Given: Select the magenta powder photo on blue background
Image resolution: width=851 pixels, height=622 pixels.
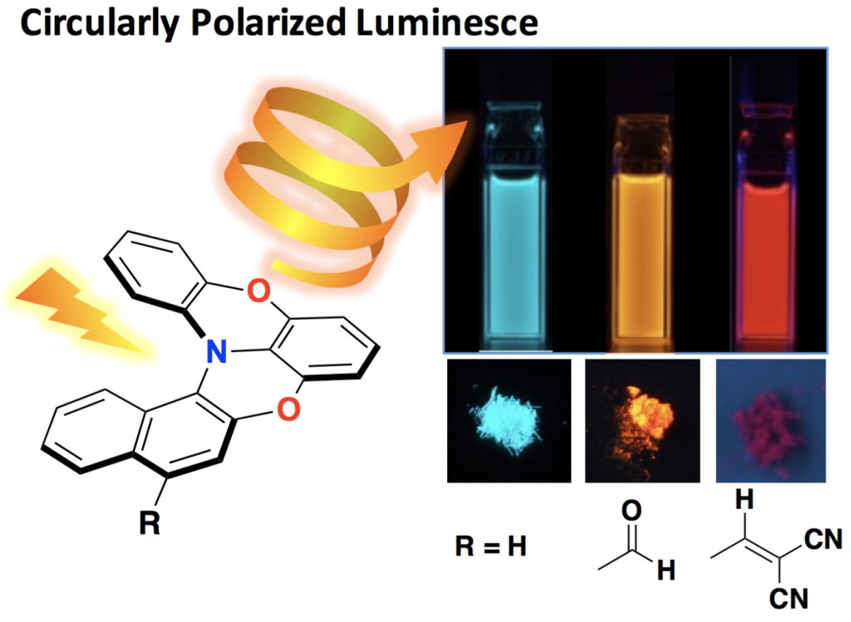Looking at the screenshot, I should tap(770, 421).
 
